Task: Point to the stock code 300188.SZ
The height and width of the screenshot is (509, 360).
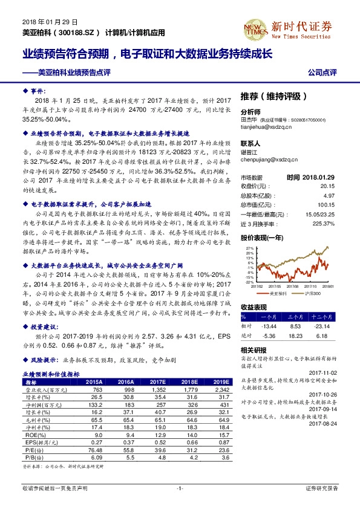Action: pyautogui.click(x=79, y=31)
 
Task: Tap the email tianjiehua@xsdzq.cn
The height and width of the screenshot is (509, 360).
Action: pyautogui.click(x=267, y=126)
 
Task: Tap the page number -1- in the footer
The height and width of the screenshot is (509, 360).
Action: pyautogui.click(x=180, y=487)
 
